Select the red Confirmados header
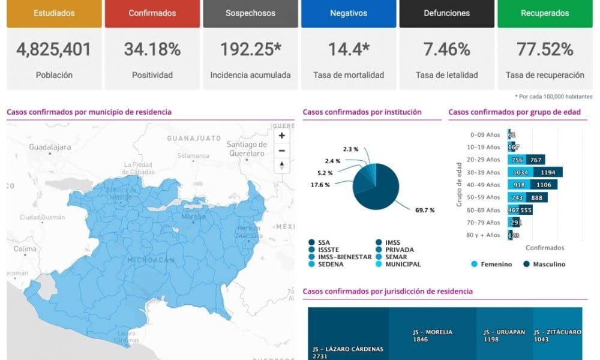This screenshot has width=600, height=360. point(152,13)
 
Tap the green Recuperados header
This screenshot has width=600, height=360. point(545,13)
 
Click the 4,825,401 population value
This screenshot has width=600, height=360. point(54,49)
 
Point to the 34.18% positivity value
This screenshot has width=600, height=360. point(152,49)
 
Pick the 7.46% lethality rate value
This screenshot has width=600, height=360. point(447,49)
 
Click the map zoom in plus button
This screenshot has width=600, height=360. point(282,136)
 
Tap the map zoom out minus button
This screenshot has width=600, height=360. point(282,150)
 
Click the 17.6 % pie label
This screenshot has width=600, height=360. point(320,185)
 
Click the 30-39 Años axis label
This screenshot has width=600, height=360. point(484,172)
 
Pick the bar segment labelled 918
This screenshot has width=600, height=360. point(520,185)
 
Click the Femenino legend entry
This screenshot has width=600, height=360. point(491,264)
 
